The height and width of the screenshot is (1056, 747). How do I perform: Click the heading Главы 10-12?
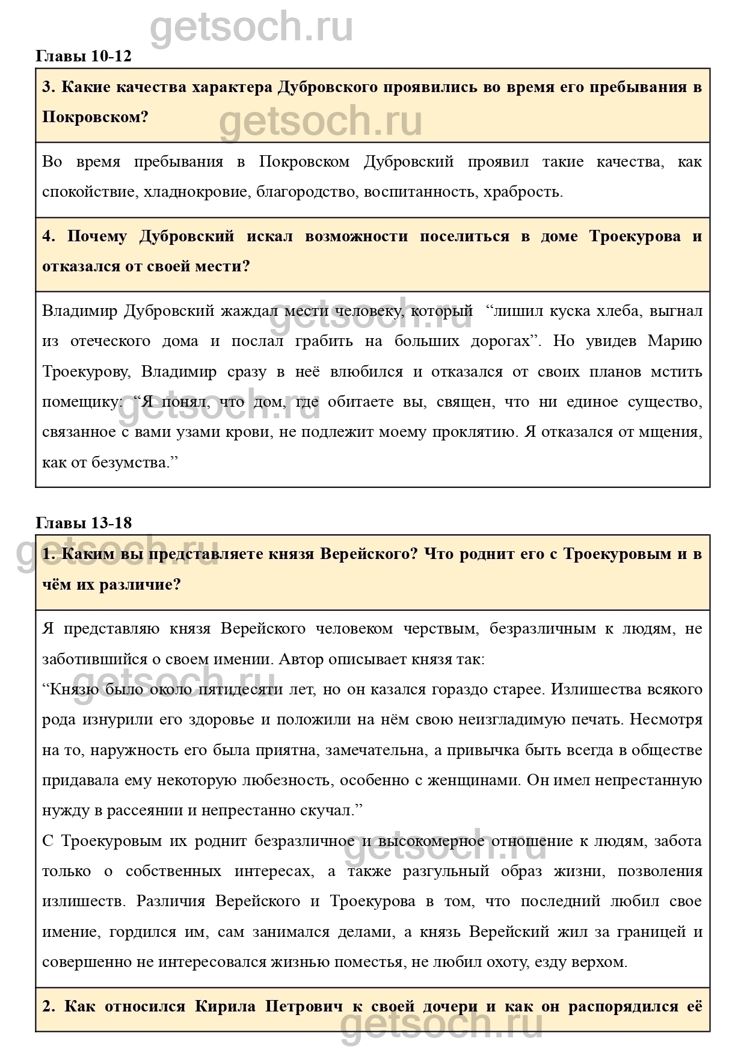pyautogui.click(x=84, y=57)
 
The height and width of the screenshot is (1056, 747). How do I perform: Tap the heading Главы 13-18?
pyautogui.click(x=84, y=522)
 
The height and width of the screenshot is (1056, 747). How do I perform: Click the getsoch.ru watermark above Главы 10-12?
pyautogui.click(x=251, y=27)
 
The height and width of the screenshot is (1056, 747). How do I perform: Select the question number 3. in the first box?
pyautogui.click(x=49, y=87)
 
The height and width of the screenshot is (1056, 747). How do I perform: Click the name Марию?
pyautogui.click(x=675, y=341)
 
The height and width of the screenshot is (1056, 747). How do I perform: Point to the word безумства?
pyautogui.click(x=131, y=462)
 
